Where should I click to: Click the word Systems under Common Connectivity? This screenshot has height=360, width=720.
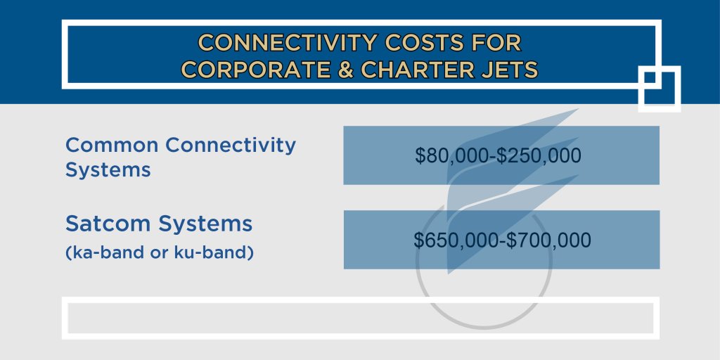point(108,170)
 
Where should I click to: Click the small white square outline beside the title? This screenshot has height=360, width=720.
point(660,89)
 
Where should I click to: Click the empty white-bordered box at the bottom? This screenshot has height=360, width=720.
point(360,318)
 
